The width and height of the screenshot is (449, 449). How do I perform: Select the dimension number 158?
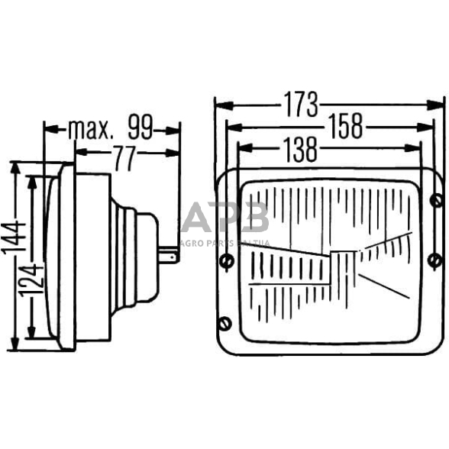click(344, 127)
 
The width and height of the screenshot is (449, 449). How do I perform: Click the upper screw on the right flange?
click(436, 200)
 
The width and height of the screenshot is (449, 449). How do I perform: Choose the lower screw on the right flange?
click(435, 262)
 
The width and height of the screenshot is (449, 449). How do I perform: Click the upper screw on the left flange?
click(225, 262)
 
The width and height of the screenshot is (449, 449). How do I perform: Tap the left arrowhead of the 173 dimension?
click(219, 104)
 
